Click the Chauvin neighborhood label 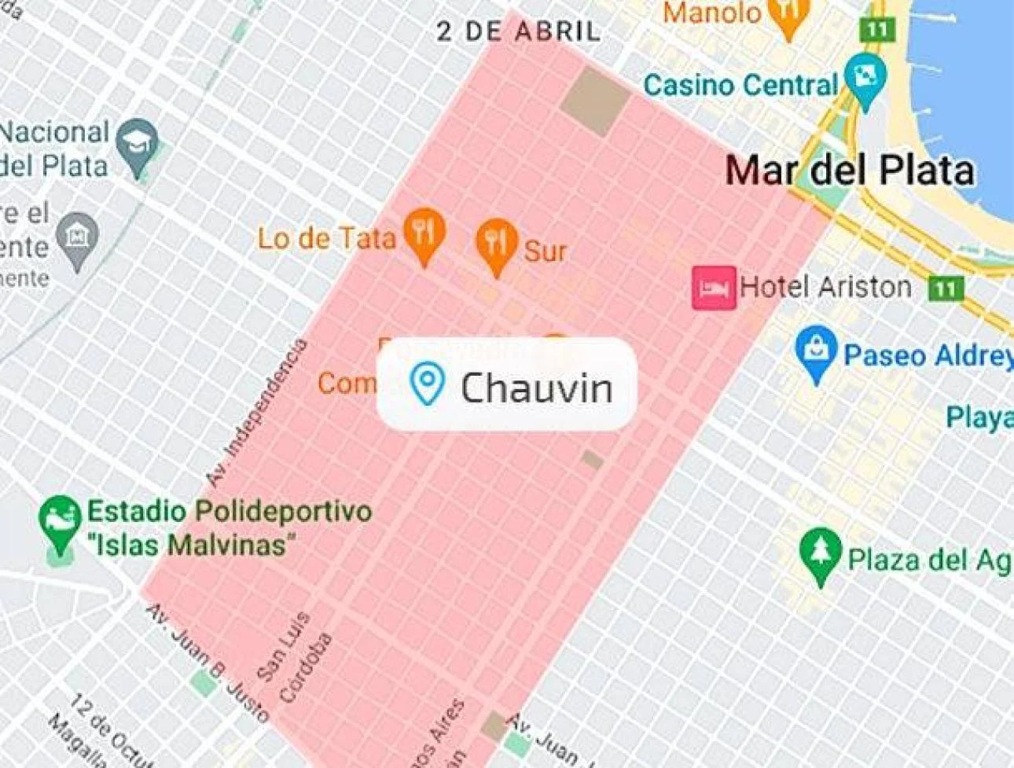[535, 388]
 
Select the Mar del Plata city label [849, 171]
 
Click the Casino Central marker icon [865, 79]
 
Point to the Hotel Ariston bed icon [714, 288]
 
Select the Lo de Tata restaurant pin [424, 233]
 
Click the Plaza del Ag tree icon [820, 553]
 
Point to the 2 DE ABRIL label [519, 31]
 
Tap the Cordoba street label [307, 667]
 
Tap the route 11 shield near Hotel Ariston [945, 288]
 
